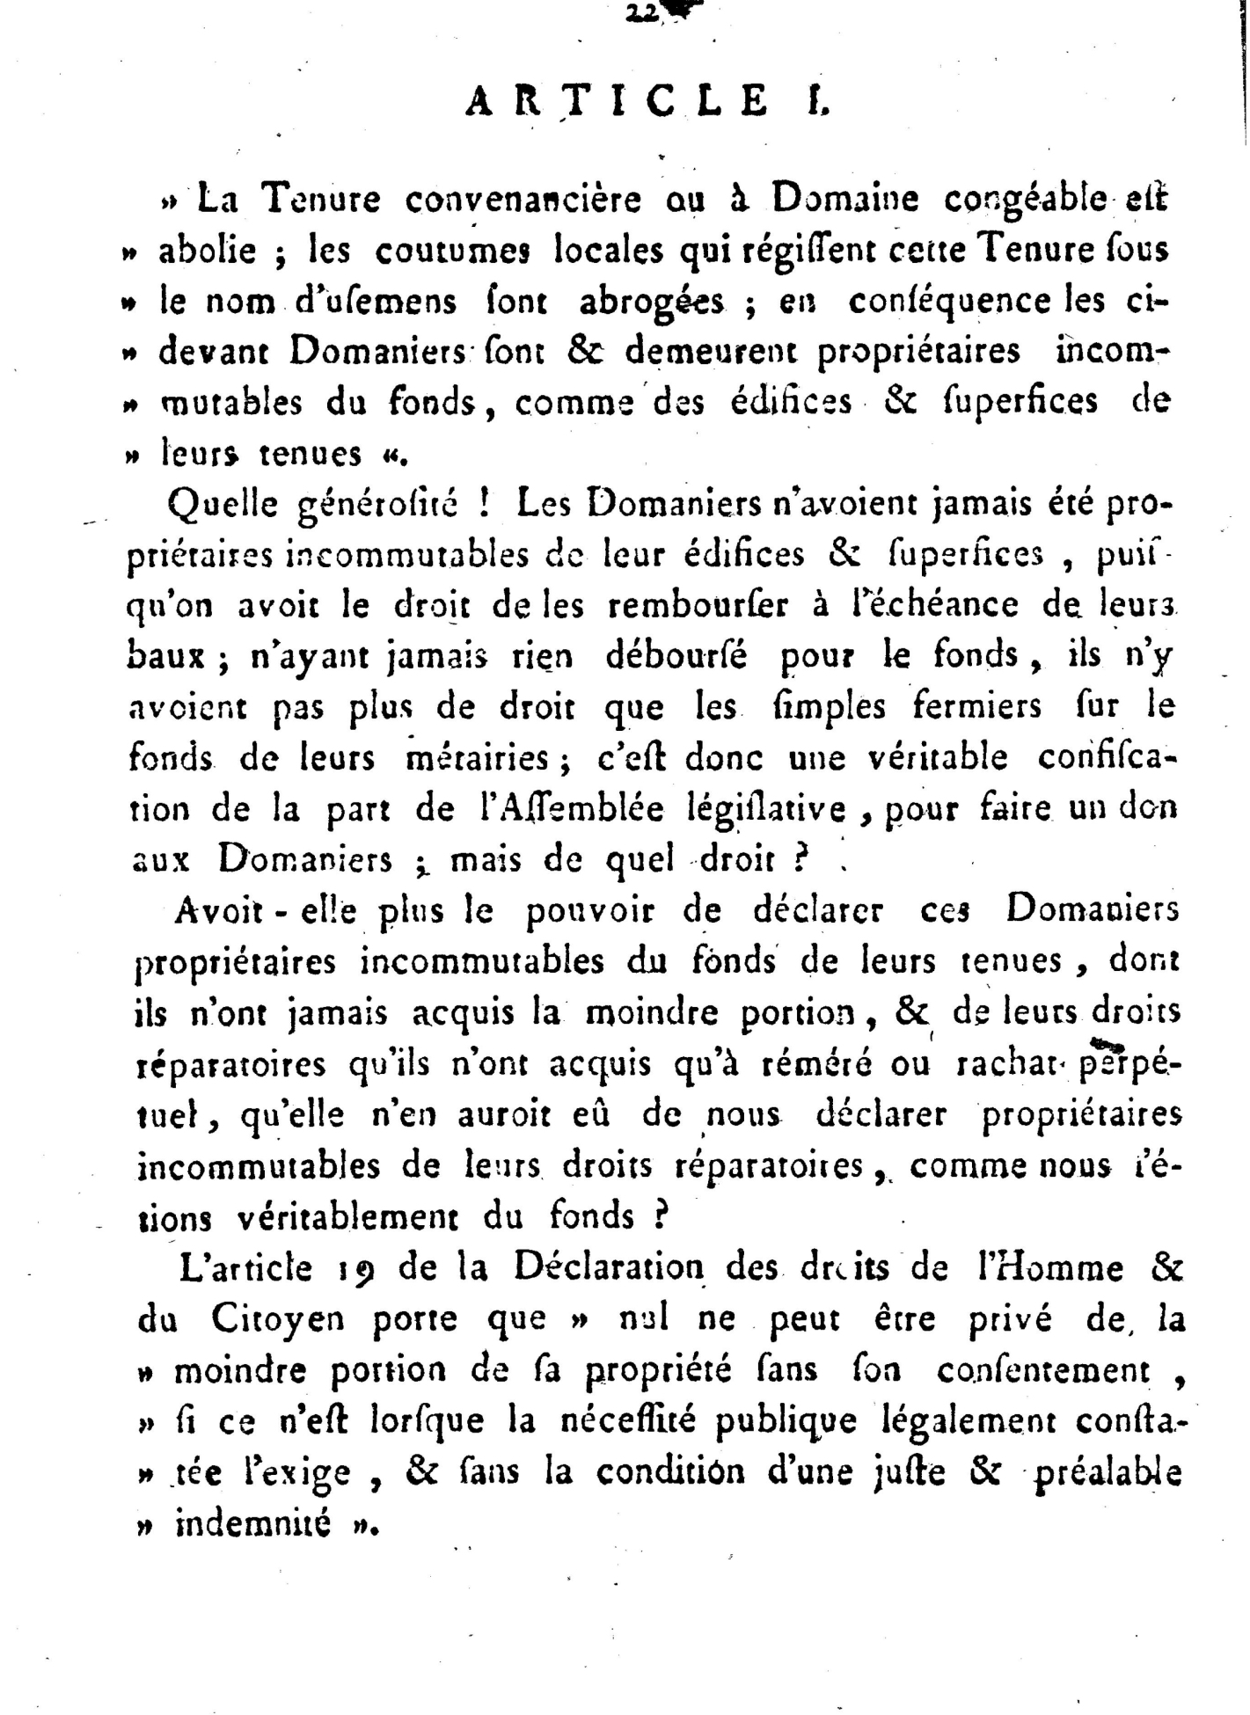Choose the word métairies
coord(479,758)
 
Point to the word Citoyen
coord(277,1320)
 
